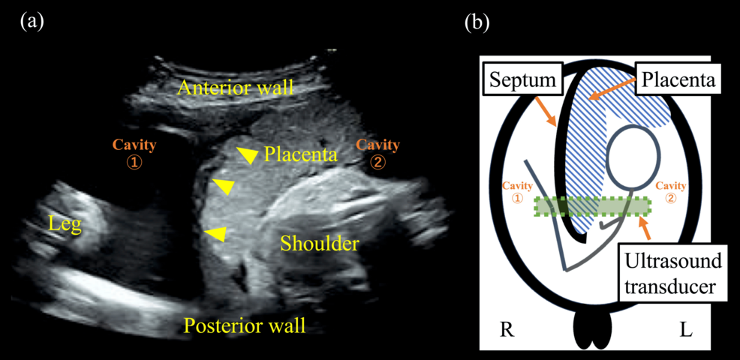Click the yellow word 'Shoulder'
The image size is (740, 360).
click(320, 243)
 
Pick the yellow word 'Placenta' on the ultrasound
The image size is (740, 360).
click(300, 154)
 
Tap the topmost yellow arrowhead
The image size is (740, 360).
click(245, 154)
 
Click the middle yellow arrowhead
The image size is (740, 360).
click(222, 186)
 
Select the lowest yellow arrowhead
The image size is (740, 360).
click(215, 234)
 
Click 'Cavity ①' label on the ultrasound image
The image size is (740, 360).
click(134, 151)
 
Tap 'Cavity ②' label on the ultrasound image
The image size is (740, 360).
click(378, 151)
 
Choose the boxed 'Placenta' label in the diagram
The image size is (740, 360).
click(678, 77)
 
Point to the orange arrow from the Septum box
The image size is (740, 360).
click(547, 112)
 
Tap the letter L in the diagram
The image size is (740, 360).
click(685, 329)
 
